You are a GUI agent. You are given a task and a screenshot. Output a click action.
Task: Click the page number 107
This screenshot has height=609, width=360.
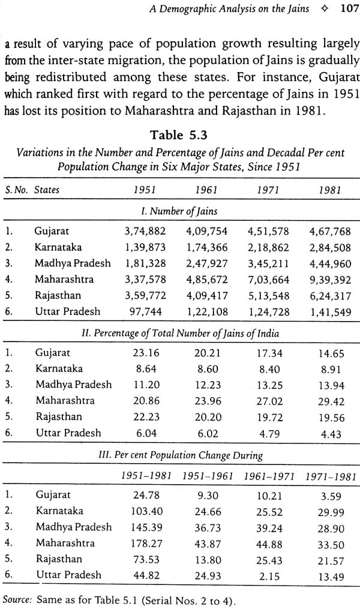[x=350, y=8]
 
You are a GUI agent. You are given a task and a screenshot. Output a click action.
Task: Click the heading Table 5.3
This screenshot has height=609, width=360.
[x=179, y=135]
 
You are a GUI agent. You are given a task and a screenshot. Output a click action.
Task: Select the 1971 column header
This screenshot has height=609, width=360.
[x=268, y=190]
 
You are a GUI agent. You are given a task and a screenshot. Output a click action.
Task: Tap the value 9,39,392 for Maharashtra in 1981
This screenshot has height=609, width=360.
[x=330, y=280]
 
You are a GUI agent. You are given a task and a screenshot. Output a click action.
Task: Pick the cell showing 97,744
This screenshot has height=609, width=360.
[x=145, y=312]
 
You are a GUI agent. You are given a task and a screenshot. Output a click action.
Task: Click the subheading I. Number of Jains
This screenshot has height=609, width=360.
[x=179, y=211]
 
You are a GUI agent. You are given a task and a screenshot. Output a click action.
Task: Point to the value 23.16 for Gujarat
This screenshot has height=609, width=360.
[x=146, y=353]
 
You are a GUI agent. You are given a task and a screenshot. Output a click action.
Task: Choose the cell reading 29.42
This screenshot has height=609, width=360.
[x=331, y=401]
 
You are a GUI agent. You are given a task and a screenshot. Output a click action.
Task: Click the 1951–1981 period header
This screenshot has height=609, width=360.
[x=146, y=476]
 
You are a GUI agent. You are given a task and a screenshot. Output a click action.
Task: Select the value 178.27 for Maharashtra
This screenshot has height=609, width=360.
[x=146, y=544]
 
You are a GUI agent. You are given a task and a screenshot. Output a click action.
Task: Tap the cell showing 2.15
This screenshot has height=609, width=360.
[x=269, y=577]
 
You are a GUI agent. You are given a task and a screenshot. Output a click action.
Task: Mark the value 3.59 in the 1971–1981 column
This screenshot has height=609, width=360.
[x=331, y=496]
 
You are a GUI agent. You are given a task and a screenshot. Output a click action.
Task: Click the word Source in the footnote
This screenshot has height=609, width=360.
[x=17, y=599]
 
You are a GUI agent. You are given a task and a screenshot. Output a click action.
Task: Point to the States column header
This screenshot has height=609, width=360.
[x=47, y=190]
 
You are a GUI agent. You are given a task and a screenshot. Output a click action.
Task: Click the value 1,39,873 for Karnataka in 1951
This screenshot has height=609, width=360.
[x=145, y=247]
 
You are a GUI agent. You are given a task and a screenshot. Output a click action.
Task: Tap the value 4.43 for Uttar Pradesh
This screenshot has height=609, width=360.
[x=331, y=434]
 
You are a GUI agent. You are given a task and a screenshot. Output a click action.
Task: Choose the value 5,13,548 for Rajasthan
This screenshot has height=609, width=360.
[x=268, y=296]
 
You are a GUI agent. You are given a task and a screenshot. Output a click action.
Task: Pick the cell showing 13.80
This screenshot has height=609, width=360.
[x=208, y=560]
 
